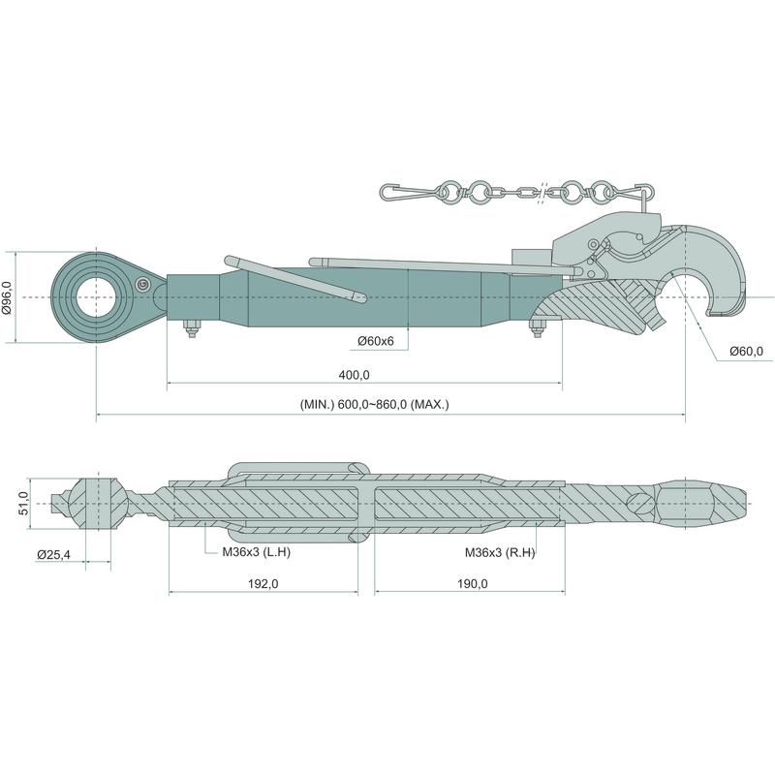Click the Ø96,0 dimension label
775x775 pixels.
click(7, 297)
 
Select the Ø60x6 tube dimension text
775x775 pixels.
click(376, 341)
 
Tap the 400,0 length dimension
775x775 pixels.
click(354, 375)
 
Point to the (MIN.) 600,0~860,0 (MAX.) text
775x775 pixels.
click(374, 404)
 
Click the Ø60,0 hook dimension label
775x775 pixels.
click(746, 352)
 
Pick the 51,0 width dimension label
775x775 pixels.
click(23, 504)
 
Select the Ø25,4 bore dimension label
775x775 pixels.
click(54, 555)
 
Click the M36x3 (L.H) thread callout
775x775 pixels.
click(256, 552)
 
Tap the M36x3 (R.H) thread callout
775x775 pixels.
click(500, 552)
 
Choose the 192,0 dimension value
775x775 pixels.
click(263, 584)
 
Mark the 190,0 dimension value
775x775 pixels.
click(472, 584)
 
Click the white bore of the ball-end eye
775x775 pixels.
click(97, 297)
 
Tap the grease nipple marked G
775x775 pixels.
click(143, 284)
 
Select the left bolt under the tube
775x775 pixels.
click(191, 328)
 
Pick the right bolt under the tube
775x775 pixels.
click(538, 328)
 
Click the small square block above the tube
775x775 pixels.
click(531, 257)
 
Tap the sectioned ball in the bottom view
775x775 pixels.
click(98, 504)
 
